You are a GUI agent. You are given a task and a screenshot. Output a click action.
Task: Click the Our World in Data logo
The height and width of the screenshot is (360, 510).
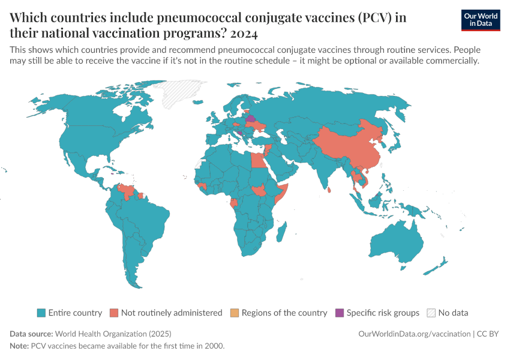point(481,20)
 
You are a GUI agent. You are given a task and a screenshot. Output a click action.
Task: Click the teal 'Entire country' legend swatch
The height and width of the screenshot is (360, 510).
point(41,313)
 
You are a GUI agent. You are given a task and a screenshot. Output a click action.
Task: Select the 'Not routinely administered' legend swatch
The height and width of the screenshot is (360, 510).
point(113,313)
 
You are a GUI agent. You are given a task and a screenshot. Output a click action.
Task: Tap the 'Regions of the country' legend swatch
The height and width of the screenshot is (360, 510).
point(235,313)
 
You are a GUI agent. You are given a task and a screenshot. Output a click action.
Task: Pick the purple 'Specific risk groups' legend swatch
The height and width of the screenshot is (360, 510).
point(340,313)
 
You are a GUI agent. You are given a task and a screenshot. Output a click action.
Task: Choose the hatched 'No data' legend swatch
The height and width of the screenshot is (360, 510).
point(431,313)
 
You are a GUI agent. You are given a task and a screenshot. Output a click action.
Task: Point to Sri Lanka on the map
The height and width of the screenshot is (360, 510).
point(331,190)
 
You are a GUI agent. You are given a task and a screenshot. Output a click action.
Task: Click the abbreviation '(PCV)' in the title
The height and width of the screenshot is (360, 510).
point(375,17)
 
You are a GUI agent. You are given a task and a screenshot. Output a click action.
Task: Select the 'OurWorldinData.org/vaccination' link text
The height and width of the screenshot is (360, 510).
point(413,334)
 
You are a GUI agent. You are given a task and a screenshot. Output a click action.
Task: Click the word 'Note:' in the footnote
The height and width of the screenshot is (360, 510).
point(19,346)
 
